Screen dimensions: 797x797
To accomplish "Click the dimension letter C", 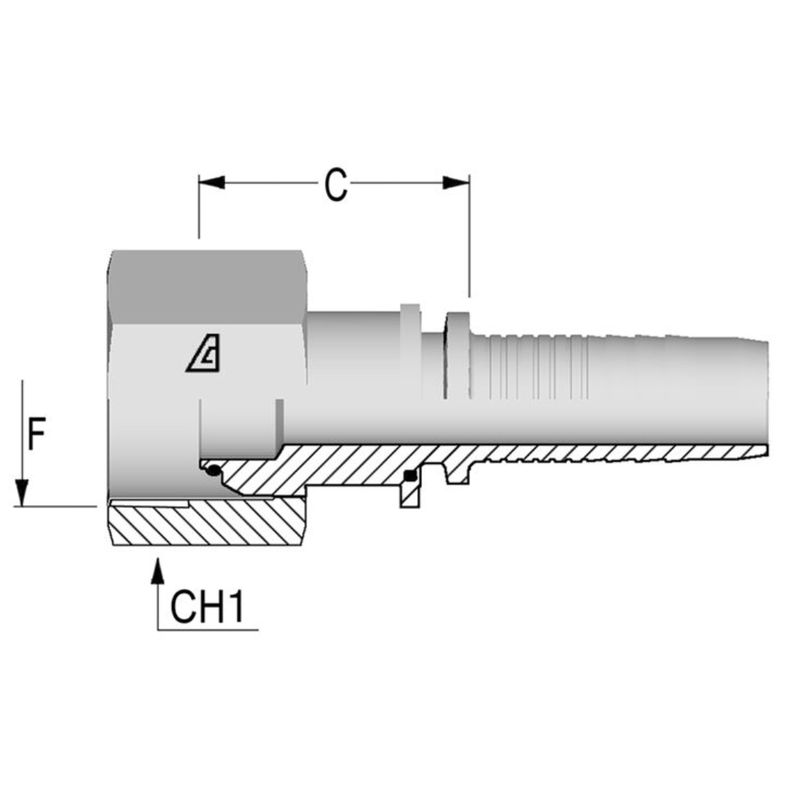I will coord(336,185).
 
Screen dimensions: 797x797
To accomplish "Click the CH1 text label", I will coord(207,607).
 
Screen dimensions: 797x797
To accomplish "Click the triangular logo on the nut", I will coord(203,358).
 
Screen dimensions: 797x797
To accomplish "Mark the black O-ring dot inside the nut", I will coord(214,472).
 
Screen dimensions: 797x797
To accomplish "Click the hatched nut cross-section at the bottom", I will coord(207,524).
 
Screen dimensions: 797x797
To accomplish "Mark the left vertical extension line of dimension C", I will coord(199,214).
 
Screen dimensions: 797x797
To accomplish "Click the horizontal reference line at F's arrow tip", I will coord(59,506).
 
